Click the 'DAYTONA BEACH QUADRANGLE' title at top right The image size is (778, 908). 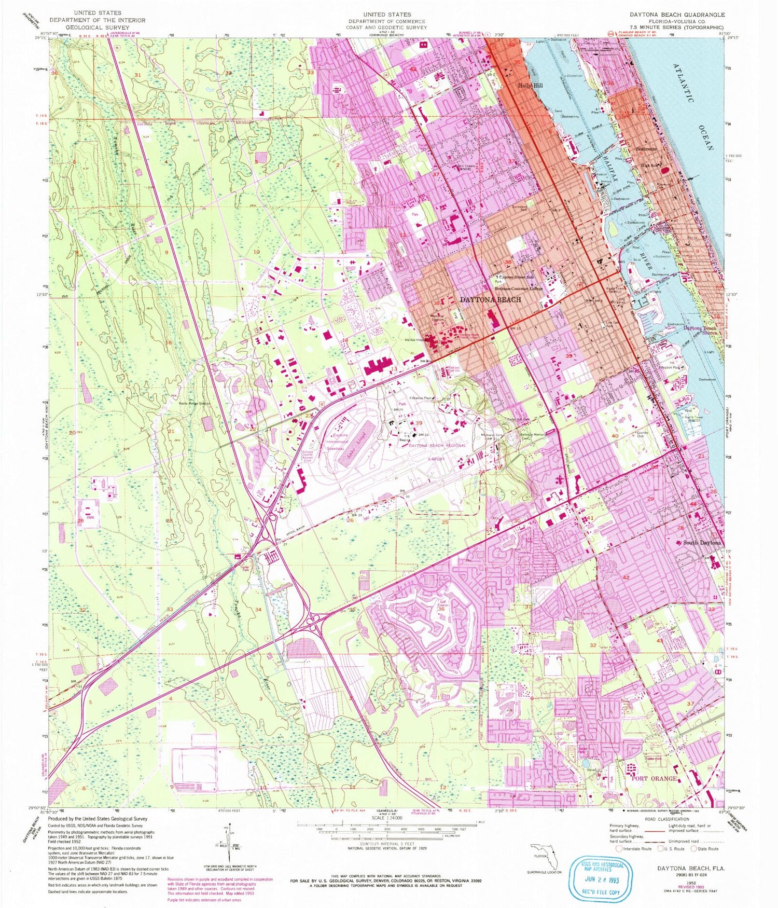pos(676,15)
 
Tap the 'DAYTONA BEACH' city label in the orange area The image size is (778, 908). pos(490,300)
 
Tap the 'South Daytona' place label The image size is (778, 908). pos(701,543)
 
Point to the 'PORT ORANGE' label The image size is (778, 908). pos(654,778)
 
